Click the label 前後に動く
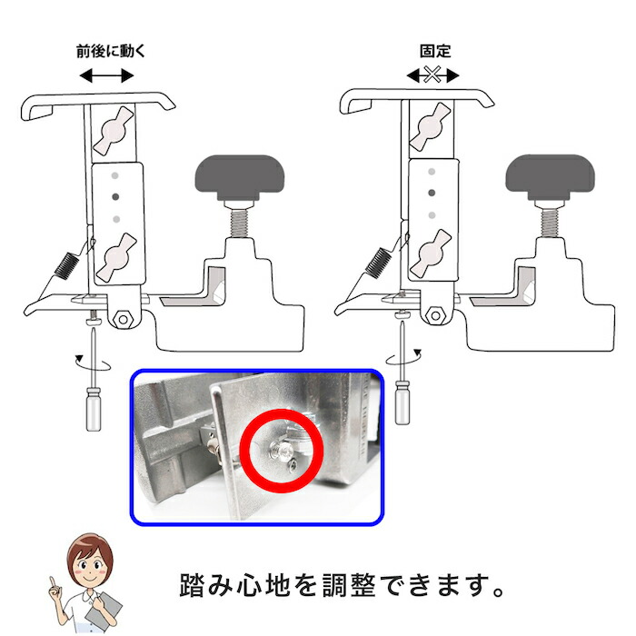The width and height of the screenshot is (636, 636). tap(107, 52)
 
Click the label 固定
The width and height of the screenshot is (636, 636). tap(433, 52)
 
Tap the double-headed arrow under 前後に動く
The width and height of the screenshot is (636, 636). tap(107, 77)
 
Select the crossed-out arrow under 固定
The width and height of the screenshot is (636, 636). tap(433, 77)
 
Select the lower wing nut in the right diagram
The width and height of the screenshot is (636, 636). tap(431, 253)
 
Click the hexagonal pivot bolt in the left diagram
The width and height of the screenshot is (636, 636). tap(124, 319)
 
